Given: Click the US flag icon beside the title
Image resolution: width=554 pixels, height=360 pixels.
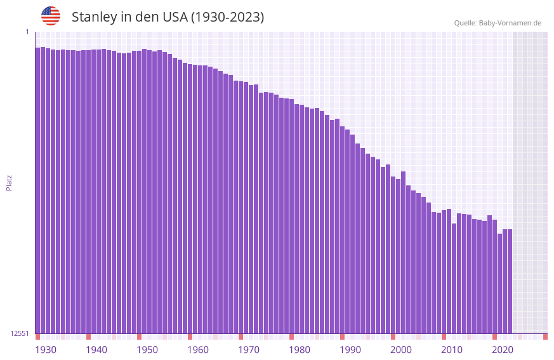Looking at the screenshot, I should [51, 16].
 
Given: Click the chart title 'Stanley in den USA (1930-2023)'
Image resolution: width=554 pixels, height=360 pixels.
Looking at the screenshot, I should [168, 17].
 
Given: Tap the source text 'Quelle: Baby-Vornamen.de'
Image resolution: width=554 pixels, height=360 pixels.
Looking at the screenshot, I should [498, 23].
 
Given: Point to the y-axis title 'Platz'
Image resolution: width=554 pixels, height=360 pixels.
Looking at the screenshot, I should [9, 182].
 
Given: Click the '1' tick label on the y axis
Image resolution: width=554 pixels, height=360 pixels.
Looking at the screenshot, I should [27, 32].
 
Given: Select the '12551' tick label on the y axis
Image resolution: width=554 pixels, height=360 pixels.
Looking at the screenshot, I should [20, 333].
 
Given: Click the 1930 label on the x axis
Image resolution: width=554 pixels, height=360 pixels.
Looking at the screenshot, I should [46, 350].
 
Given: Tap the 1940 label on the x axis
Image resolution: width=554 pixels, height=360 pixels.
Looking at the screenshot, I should [96, 350].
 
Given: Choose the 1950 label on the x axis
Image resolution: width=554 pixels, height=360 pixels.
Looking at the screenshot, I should [147, 350].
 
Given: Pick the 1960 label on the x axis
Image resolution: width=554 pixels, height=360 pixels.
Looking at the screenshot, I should [198, 350].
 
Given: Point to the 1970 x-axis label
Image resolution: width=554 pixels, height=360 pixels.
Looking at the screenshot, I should [249, 350].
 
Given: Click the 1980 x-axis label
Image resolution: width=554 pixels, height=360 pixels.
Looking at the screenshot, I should [300, 350].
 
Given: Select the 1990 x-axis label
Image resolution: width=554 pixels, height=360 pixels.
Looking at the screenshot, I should [350, 350].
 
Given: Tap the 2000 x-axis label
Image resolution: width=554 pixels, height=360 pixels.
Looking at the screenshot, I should [401, 350].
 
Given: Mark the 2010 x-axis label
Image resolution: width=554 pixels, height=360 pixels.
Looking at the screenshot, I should [452, 350].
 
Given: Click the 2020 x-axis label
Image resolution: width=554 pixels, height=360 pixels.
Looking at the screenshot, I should [503, 350].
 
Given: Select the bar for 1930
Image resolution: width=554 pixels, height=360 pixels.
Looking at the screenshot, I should [37, 190].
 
